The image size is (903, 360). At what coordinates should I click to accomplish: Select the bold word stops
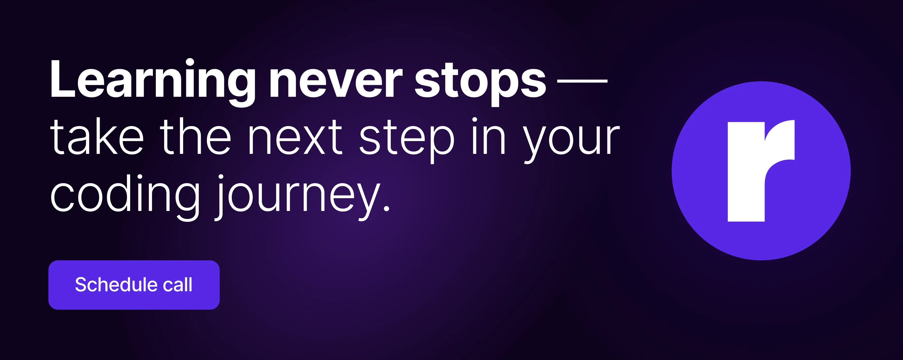point(480,84)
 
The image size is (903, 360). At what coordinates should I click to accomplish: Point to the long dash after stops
point(582,81)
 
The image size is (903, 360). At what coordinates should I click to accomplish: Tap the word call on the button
point(178,284)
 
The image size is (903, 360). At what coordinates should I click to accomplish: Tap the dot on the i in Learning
point(190,63)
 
